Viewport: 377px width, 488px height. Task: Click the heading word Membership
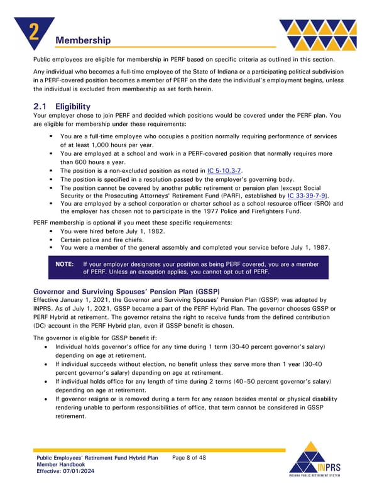83,41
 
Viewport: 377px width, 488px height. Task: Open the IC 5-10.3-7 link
224,170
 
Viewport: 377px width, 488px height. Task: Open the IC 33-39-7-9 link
307,196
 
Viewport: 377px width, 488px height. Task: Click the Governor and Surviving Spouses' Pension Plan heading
125,292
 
